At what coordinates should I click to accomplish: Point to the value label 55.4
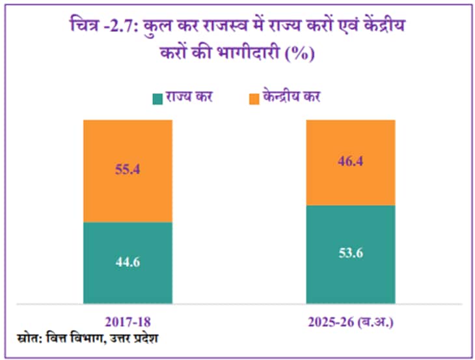point(128,171)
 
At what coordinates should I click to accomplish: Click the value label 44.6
point(128,262)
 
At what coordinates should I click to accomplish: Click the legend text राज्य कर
point(189,98)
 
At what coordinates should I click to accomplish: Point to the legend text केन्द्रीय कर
point(293,98)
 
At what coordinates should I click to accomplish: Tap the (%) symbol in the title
point(300,53)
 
